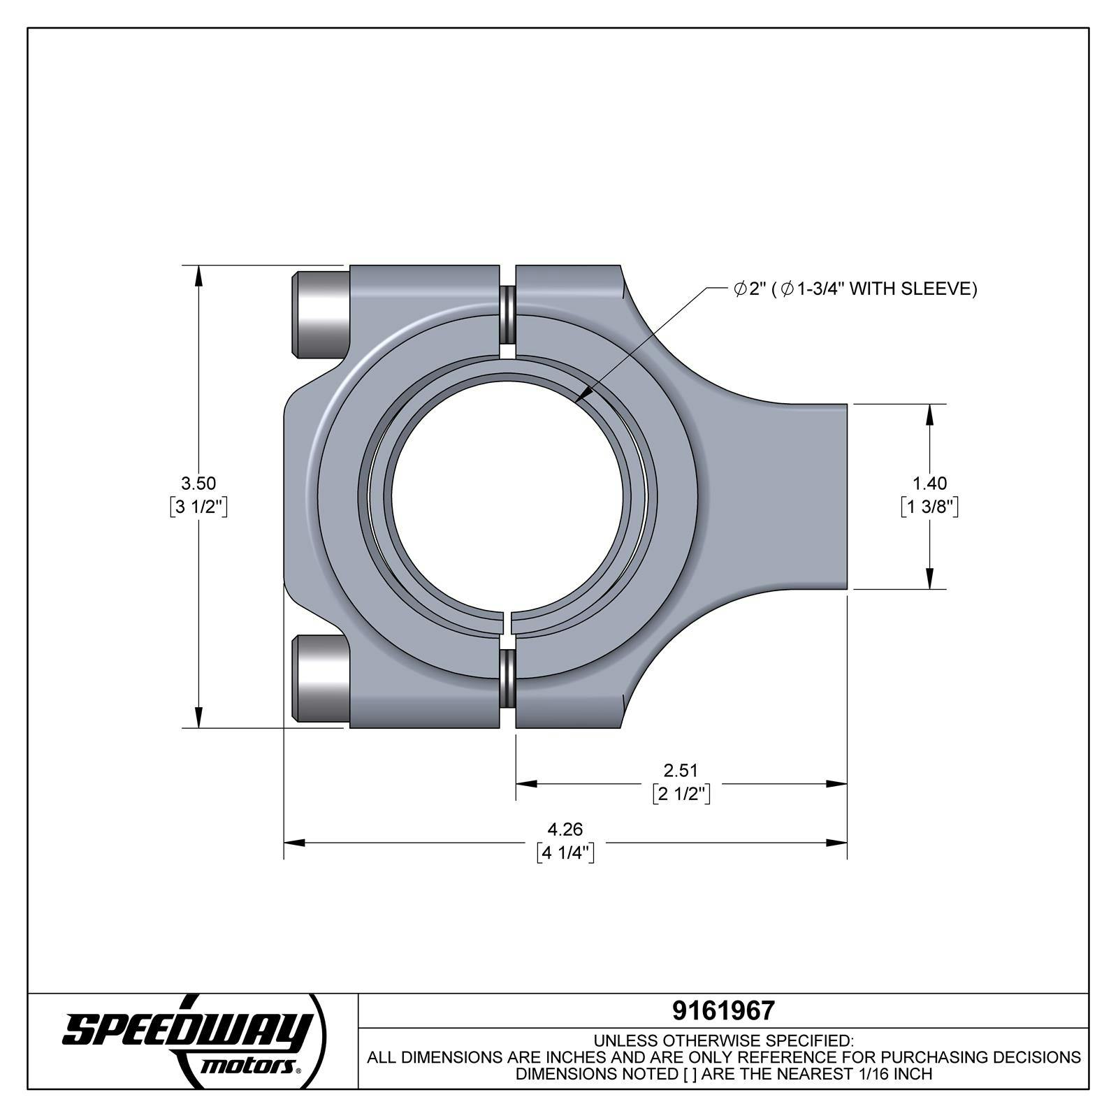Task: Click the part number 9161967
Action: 723,1010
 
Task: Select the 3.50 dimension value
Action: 198,483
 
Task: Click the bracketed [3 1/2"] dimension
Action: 198,507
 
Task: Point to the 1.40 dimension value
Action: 929,483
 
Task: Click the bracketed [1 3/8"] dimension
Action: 929,507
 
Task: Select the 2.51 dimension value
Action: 681,770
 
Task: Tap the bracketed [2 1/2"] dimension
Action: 681,794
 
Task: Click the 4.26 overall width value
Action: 565,829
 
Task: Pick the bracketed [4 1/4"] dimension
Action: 565,853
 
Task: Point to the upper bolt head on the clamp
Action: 321,314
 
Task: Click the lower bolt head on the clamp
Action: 321,678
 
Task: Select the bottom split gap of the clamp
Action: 508,681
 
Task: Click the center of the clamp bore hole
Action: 508,496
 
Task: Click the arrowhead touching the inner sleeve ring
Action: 582,396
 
